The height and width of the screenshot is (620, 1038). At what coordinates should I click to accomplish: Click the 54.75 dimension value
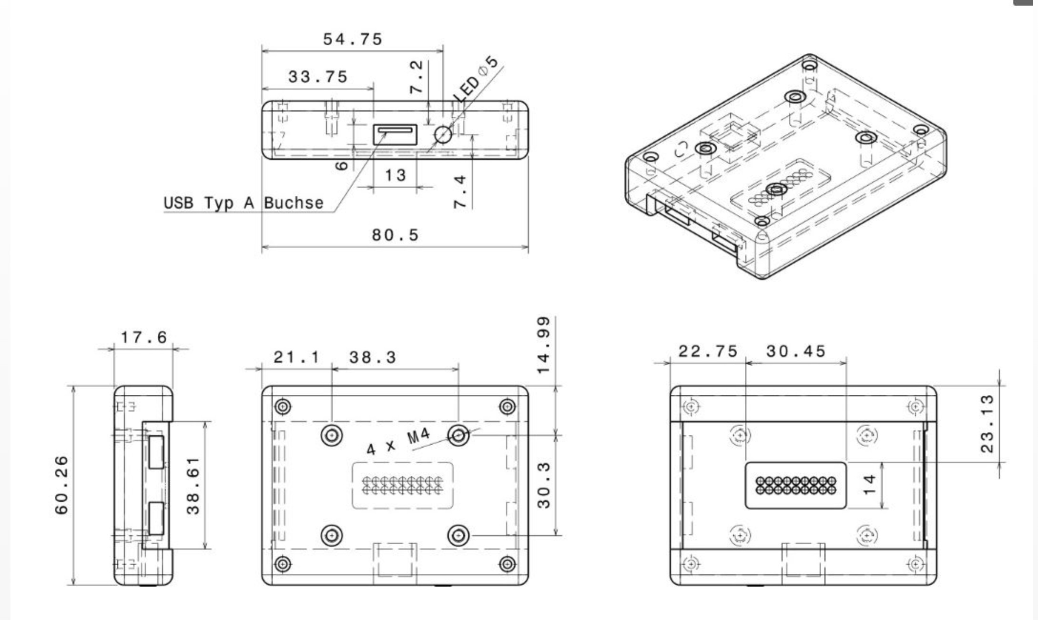coord(353,39)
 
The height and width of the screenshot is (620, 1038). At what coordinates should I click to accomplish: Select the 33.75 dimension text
coord(318,77)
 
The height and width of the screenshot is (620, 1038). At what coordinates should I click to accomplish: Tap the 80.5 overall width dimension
coord(395,235)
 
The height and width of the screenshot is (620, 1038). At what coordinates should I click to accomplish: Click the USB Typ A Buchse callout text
coord(244,203)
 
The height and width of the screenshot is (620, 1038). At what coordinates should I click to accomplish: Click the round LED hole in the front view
coord(443,135)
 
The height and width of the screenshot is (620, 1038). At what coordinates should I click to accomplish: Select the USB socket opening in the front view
coord(395,134)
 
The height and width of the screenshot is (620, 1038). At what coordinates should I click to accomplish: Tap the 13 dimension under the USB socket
coord(395,176)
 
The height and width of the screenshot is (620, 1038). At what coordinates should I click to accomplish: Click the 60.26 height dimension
coord(62,485)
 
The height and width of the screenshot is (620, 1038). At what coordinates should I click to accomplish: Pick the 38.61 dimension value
coord(193,486)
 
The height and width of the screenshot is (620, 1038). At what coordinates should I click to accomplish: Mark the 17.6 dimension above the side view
coord(143,338)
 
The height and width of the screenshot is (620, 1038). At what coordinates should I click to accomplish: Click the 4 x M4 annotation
coord(398,442)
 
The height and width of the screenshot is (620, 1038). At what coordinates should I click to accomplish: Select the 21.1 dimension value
coord(296,357)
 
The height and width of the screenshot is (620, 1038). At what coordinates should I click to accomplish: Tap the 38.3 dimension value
coord(373,357)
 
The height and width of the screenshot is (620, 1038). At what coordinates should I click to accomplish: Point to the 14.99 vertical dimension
coord(544,345)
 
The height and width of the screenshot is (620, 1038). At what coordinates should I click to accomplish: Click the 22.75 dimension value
coord(708,351)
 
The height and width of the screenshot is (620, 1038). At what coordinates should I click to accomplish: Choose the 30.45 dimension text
coord(795,351)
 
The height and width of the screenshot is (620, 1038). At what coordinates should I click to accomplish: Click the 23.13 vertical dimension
coord(987,423)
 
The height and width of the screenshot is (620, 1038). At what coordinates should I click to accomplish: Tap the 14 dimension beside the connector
coord(869,485)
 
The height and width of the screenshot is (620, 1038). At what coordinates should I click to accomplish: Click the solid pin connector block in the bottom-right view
coord(795,485)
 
